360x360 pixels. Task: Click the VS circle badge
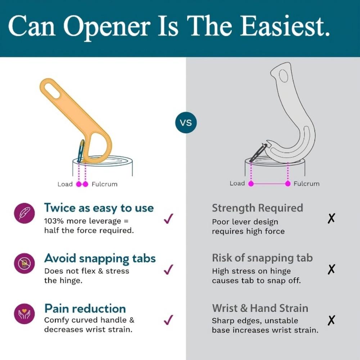pyautogui.click(x=186, y=122)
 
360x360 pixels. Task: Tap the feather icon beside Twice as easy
pyautogui.click(x=24, y=213)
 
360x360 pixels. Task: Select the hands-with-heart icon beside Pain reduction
pyautogui.click(x=24, y=314)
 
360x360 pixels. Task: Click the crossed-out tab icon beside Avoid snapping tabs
pyautogui.click(x=24, y=264)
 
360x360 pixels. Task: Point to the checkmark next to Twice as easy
pyautogui.click(x=168, y=219)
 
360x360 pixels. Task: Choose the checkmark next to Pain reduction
pyautogui.click(x=168, y=320)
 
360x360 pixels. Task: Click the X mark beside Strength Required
pyautogui.click(x=331, y=218)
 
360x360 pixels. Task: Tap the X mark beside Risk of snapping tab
pyautogui.click(x=331, y=269)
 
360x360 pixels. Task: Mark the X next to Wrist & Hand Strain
pyautogui.click(x=331, y=320)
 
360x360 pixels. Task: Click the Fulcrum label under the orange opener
pyautogui.click(x=104, y=184)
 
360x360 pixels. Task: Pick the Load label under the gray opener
pyautogui.click(x=237, y=184)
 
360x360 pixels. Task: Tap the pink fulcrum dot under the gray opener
pyautogui.click(x=288, y=184)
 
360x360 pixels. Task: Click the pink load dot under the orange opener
pyautogui.click(x=79, y=184)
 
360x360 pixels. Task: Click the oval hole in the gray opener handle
pyautogui.click(x=284, y=76)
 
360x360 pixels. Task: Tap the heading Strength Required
pyautogui.click(x=257, y=208)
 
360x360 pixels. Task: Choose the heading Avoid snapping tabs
pyautogui.click(x=100, y=259)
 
